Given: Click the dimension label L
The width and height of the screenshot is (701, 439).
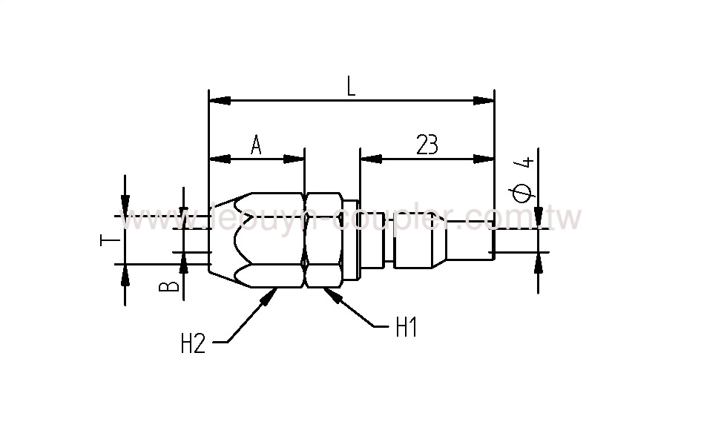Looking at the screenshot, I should click(x=351, y=87).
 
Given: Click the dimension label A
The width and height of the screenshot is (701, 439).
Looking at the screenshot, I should click(x=256, y=145).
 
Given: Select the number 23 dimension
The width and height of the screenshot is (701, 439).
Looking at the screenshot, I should click(x=427, y=145).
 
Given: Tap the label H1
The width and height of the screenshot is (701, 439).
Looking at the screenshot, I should click(x=405, y=327).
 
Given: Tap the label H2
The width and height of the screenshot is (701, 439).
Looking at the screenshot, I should click(x=193, y=343).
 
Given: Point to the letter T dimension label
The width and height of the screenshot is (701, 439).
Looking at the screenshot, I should click(x=107, y=240).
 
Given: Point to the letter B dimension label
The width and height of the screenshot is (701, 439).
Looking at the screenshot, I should click(x=170, y=285).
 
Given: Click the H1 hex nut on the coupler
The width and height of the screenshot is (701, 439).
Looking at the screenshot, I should click(x=323, y=241).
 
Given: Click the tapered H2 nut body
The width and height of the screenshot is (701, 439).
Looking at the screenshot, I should click(x=256, y=241).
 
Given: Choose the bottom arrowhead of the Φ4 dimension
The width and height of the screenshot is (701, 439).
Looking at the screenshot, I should click(x=539, y=263).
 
